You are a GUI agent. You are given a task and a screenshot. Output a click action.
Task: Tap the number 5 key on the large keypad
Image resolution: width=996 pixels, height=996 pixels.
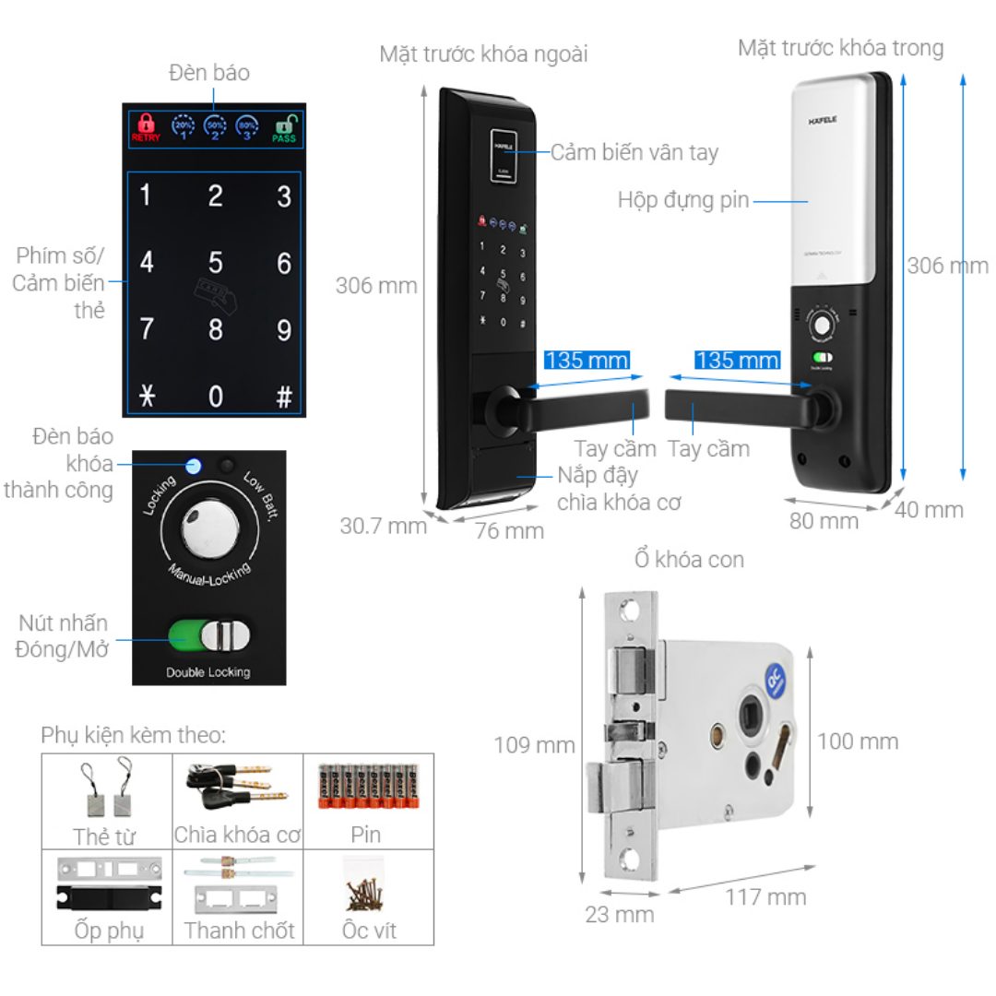click(215, 263)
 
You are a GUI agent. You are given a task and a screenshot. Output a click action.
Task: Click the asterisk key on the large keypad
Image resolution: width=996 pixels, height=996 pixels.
click(147, 397)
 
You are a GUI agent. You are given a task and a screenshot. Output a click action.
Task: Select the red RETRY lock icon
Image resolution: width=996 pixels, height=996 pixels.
click(146, 126)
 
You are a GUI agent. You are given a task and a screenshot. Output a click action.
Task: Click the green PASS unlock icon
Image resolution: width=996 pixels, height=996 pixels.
click(284, 126)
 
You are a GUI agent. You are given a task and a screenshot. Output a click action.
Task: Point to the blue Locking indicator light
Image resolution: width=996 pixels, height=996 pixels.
click(193, 465)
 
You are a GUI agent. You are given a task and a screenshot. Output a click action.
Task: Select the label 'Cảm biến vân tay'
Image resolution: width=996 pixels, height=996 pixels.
click(634, 152)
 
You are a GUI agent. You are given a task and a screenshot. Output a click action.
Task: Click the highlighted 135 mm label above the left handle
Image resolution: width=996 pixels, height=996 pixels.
click(587, 359)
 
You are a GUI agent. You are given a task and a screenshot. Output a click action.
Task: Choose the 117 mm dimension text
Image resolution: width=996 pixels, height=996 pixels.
click(765, 896)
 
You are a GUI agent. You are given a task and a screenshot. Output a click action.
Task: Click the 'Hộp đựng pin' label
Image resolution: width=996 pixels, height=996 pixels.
click(683, 200)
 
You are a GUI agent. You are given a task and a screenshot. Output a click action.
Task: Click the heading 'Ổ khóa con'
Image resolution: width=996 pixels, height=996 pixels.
click(688, 559)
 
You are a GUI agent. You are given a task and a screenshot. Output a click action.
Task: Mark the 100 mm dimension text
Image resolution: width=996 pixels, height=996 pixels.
click(857, 741)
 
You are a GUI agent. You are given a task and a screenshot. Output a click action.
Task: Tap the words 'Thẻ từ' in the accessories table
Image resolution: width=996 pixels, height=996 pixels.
click(104, 836)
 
